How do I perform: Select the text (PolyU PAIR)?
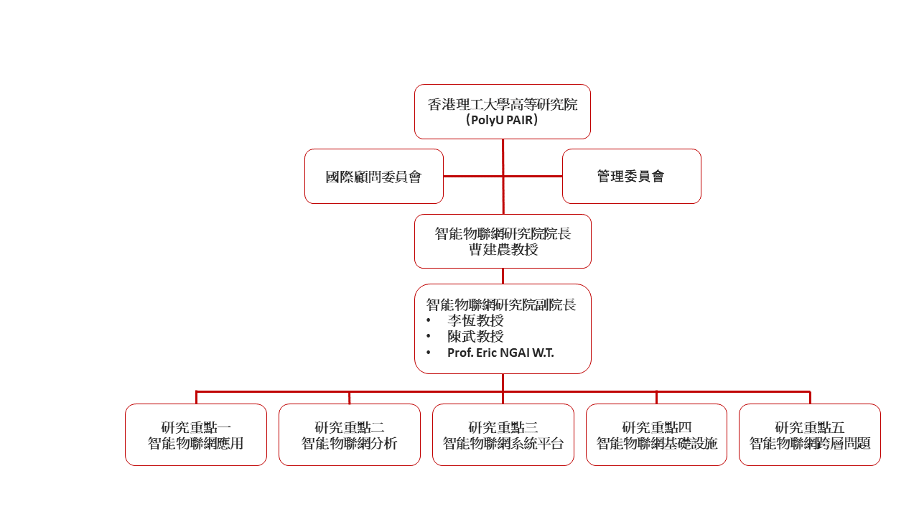click(502, 121)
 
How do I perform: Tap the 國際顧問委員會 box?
click(373, 177)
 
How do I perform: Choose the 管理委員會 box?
click(631, 177)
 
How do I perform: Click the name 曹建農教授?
click(503, 250)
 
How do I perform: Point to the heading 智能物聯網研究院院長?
click(503, 234)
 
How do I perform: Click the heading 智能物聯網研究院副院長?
click(501, 304)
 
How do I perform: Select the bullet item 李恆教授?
click(475, 321)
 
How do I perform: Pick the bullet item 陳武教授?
click(475, 337)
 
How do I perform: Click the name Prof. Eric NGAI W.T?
click(500, 353)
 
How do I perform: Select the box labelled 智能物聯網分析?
click(349, 444)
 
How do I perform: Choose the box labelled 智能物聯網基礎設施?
click(656, 444)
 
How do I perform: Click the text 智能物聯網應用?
click(196, 444)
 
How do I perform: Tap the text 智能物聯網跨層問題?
click(810, 444)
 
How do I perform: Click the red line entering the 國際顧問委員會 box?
click(467, 176)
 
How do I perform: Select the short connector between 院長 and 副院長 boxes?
click(503, 276)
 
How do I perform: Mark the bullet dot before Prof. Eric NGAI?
click(429, 353)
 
